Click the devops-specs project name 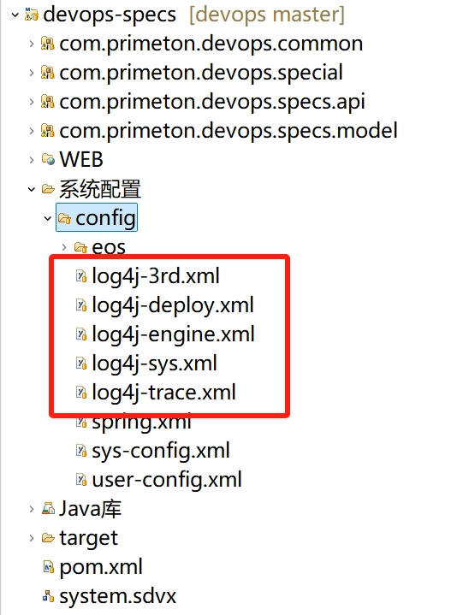tap(110, 15)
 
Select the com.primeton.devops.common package tap(211, 44)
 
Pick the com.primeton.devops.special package tap(201, 73)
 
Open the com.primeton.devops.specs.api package tap(212, 102)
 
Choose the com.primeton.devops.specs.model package tap(228, 131)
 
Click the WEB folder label tap(81, 160)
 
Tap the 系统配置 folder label tap(99, 189)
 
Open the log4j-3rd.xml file tap(156, 276)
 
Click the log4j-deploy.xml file tap(173, 305)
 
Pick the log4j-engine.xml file tap(173, 334)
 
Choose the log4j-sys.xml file tap(154, 364)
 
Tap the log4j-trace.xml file tap(163, 393)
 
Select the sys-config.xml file tap(161, 451)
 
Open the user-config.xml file tap(166, 480)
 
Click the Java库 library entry tap(90, 509)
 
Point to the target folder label tap(88, 538)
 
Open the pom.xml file tap(101, 567)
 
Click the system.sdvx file tap(118, 596)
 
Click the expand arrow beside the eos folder tap(64, 247)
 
